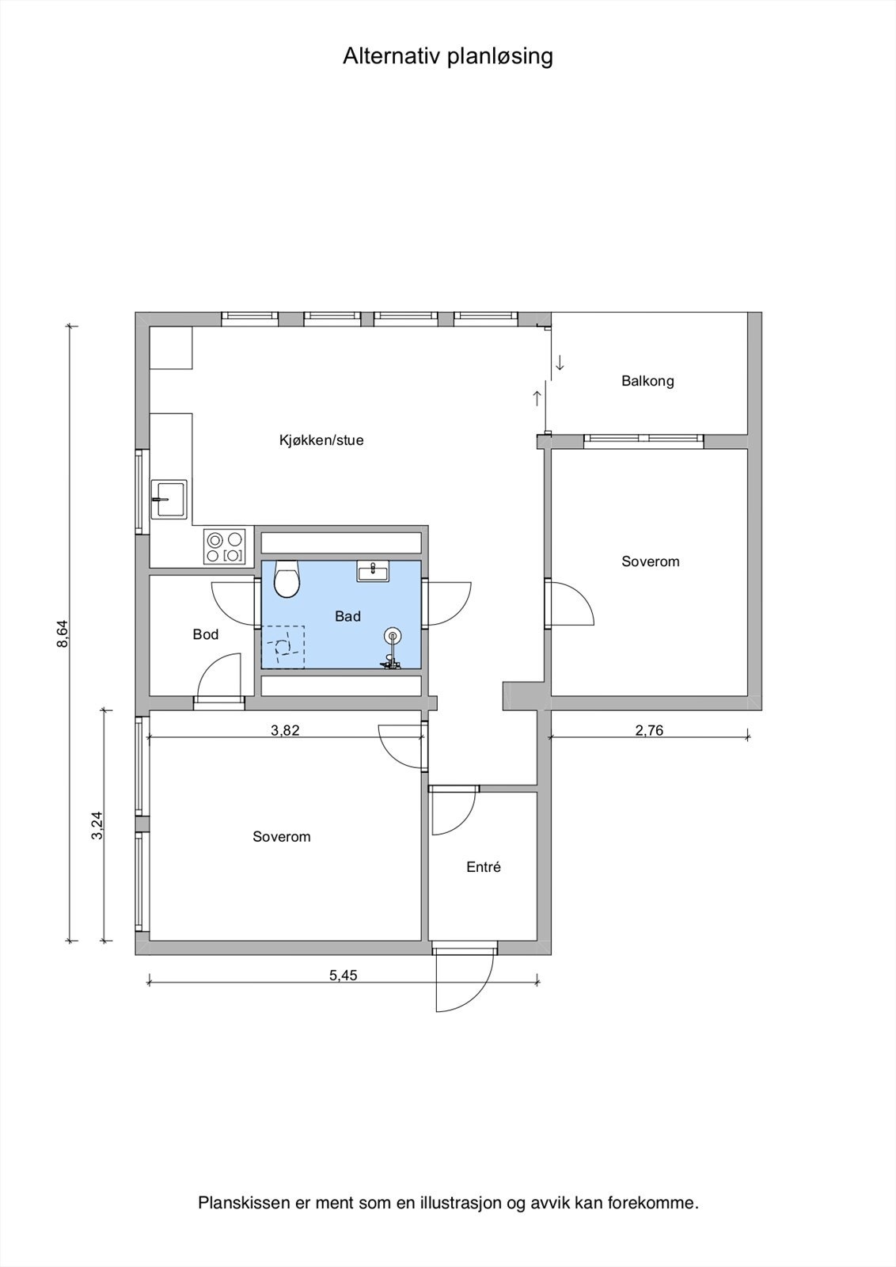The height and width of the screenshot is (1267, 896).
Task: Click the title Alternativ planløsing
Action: [447, 56]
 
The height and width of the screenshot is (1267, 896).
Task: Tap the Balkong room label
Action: [647, 381]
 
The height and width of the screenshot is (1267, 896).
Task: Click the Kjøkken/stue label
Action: [321, 440]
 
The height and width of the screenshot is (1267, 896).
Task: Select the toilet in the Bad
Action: [287, 580]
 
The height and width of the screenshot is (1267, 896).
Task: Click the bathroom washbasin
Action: [372, 571]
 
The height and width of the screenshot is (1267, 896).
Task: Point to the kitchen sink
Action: [169, 499]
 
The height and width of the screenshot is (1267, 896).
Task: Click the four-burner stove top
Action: [224, 546]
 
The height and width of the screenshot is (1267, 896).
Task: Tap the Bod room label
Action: [206, 634]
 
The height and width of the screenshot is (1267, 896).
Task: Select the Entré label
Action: [484, 867]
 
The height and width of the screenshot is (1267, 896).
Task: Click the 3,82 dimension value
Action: [285, 730]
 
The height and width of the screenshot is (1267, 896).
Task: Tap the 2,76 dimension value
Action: [649, 730]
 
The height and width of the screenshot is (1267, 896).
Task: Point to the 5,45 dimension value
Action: [344, 976]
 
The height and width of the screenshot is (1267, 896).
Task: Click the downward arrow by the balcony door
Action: [560, 363]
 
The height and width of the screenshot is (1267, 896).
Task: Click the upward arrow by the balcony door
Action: [537, 398]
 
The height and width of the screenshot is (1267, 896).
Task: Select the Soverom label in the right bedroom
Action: [651, 561]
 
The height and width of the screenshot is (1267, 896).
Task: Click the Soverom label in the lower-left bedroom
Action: [282, 837]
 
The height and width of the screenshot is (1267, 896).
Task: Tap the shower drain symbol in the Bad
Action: [393, 636]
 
